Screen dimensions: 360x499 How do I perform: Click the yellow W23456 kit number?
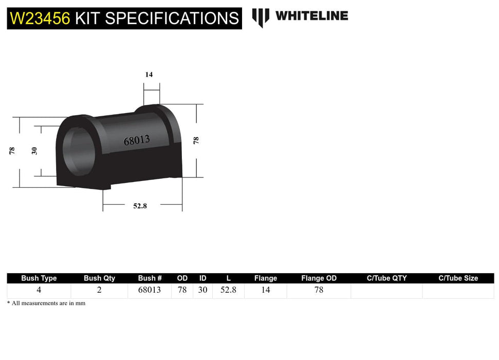coord(40,19)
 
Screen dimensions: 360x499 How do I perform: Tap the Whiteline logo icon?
coord(261,17)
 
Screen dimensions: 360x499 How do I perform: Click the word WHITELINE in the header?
coord(311,16)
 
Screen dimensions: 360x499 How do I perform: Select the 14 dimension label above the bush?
coord(149,75)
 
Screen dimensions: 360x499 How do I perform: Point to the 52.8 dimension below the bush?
coord(140,206)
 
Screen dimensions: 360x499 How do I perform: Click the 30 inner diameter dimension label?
coord(35,151)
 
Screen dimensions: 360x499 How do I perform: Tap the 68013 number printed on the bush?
coord(137,139)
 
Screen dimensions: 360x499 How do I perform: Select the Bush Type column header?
coord(39,278)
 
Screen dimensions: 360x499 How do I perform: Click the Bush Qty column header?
coord(99,278)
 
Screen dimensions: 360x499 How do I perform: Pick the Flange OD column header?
coord(319,278)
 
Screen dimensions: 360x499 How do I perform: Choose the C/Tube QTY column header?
coord(386,278)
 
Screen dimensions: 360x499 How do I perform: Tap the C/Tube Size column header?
coord(458,278)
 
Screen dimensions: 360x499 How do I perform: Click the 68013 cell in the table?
coord(150,290)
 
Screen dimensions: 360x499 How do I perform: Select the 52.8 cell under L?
coord(228,290)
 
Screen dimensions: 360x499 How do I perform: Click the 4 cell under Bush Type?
coord(39,290)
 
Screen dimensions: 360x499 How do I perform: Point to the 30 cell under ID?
coord(202,290)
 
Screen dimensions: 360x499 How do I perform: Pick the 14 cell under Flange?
coord(266,290)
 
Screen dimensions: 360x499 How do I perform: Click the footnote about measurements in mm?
coord(46,303)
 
